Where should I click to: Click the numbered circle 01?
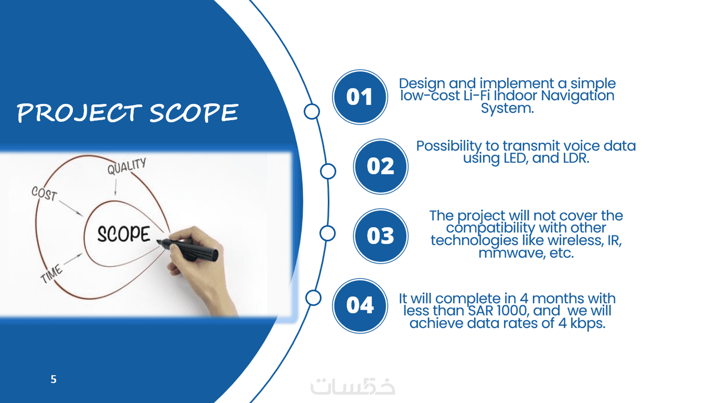point(360,97)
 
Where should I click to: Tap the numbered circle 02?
point(381,167)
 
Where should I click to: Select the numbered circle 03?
point(381,236)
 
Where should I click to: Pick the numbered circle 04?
point(360,305)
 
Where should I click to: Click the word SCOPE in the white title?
point(194,113)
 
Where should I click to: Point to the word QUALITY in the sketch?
point(127,166)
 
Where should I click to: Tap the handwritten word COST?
point(44,193)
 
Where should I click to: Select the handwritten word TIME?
point(51,274)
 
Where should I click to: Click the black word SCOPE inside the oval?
point(124,234)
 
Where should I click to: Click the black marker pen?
point(188,250)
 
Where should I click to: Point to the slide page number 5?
point(54,379)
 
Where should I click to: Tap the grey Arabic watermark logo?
point(353,386)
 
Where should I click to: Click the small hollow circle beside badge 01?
point(312,111)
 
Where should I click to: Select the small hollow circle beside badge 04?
point(313,297)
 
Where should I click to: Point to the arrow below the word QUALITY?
point(115,187)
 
